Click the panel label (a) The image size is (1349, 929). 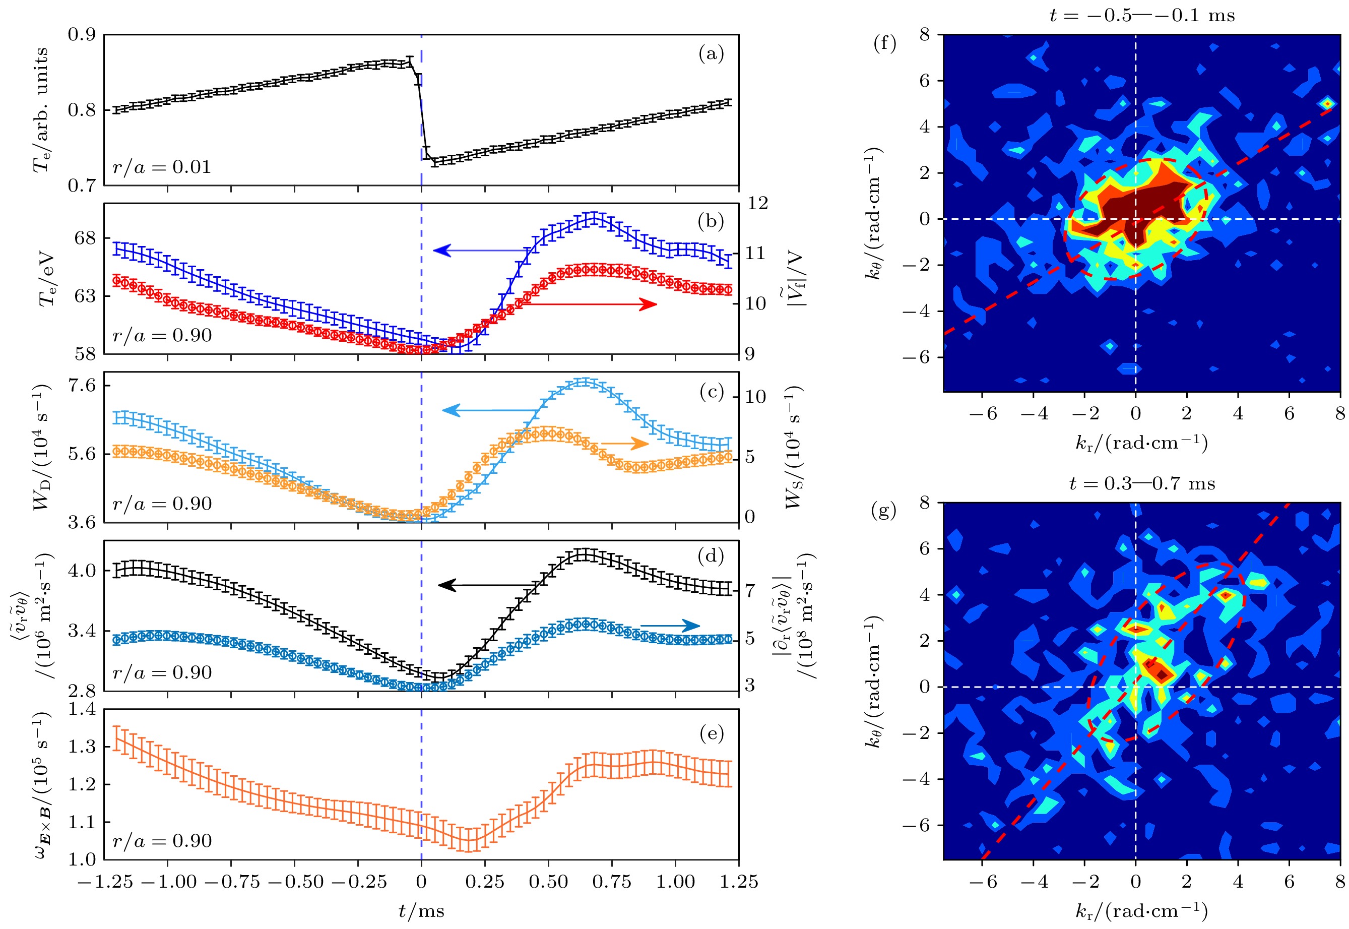click(711, 54)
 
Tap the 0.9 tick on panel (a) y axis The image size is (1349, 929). click(82, 34)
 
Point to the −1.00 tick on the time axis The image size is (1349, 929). click(169, 881)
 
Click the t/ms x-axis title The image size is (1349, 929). click(421, 911)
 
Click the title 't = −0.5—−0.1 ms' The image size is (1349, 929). click(1142, 15)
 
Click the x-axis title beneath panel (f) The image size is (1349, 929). click(1142, 444)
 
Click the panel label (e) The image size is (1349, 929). click(711, 733)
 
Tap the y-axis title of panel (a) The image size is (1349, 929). click(41, 110)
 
